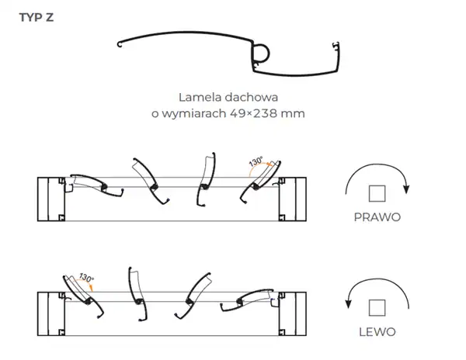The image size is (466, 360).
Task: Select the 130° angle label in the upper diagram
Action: [x=256, y=163]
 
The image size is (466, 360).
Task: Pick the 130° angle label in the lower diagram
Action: [x=85, y=279]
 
